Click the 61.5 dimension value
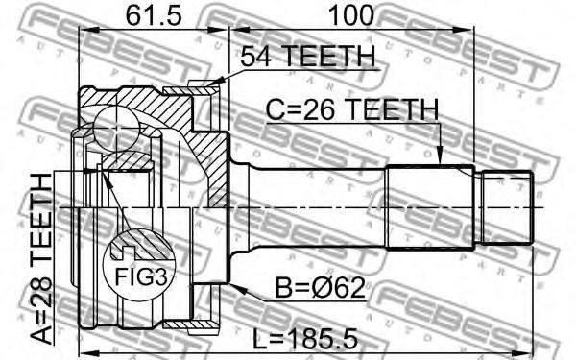click(154, 15)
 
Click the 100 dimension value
click(350, 15)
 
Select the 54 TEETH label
click(308, 56)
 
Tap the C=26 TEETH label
click(352, 109)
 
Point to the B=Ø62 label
click(321, 288)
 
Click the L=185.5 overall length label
click(305, 339)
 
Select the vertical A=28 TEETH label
click(41, 259)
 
